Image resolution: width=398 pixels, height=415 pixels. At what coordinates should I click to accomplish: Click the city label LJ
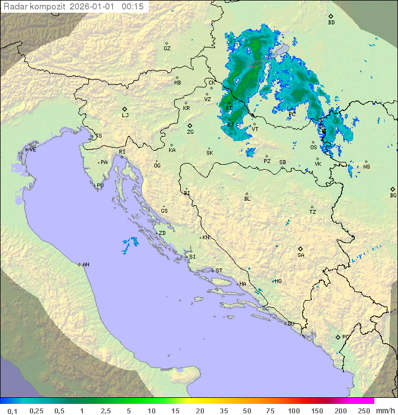pyautogui.click(x=125, y=115)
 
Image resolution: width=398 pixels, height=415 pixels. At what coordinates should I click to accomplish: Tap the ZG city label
pyautogui.click(x=190, y=132)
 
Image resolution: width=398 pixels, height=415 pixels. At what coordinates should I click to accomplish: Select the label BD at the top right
pyautogui.click(x=331, y=23)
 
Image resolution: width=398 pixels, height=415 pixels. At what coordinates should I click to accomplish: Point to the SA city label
pyautogui.click(x=301, y=255)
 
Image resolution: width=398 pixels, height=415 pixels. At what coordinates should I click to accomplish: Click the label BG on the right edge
pyautogui.click(x=393, y=195)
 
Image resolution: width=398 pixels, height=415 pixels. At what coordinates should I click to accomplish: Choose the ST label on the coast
pyautogui.click(x=219, y=271)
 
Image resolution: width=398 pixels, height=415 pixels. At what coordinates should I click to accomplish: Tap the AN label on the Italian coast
pyautogui.click(x=86, y=265)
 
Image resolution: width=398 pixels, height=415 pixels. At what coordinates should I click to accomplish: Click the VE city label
pyautogui.click(x=33, y=150)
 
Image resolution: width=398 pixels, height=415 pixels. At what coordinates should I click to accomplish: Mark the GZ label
pyautogui.click(x=167, y=49)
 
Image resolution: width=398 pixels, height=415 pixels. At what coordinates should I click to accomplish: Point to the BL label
pyautogui.click(x=247, y=199)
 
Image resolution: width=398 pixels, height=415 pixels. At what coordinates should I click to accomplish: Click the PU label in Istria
pyautogui.click(x=100, y=186)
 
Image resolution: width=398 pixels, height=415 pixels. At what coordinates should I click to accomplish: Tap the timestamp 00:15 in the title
pyautogui.click(x=133, y=7)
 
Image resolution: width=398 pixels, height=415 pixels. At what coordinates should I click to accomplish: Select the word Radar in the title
pyautogui.click(x=15, y=7)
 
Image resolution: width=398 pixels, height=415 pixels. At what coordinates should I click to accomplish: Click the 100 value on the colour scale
pyautogui.click(x=294, y=411)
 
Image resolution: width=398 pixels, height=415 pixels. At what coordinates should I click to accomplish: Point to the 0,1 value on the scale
pyautogui.click(x=13, y=411)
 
